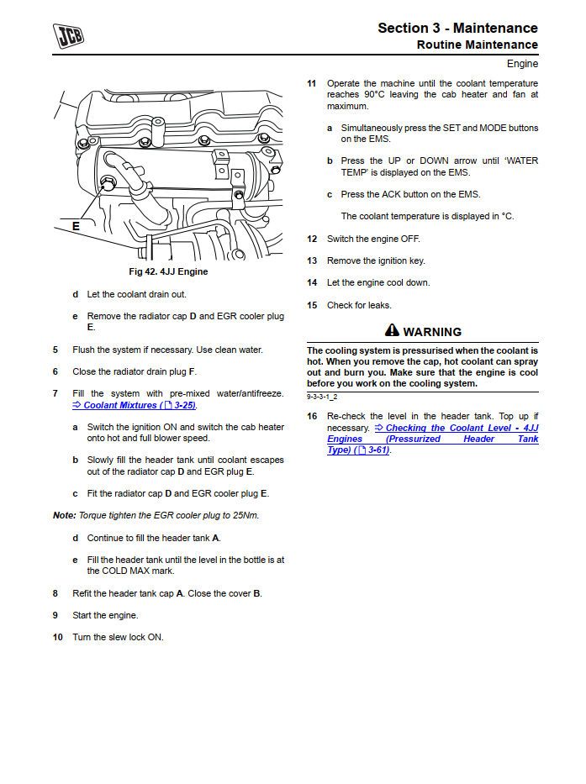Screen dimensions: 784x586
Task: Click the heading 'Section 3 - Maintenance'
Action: (x=457, y=28)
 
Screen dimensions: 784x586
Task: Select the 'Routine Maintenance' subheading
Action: (x=477, y=45)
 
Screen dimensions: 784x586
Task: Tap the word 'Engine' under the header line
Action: (x=522, y=64)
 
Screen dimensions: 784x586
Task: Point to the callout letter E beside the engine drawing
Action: (x=76, y=225)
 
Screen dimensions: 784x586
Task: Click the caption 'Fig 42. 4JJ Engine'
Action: (x=168, y=271)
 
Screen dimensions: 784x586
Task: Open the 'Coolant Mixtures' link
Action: (x=135, y=405)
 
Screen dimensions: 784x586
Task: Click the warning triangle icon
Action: (x=392, y=331)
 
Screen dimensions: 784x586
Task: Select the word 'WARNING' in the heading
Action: (x=432, y=332)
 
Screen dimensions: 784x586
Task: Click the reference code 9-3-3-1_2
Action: (x=323, y=397)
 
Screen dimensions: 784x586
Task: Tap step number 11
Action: (x=311, y=84)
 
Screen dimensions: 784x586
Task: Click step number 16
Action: (x=311, y=416)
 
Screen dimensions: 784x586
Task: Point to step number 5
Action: (x=55, y=350)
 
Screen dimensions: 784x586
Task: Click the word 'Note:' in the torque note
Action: (x=64, y=515)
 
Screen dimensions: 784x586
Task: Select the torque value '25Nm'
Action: (x=245, y=515)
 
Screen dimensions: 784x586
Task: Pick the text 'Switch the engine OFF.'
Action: (x=373, y=239)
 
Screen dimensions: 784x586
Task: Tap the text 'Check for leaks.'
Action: (x=359, y=305)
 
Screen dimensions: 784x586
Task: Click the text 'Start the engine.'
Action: (x=105, y=615)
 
